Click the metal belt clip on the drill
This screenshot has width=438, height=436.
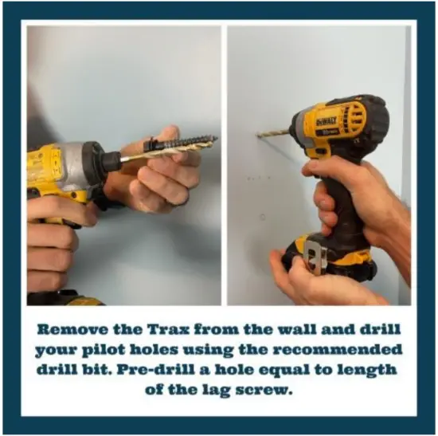(x=316, y=258)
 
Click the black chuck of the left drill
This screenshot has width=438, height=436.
(x=108, y=160)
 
